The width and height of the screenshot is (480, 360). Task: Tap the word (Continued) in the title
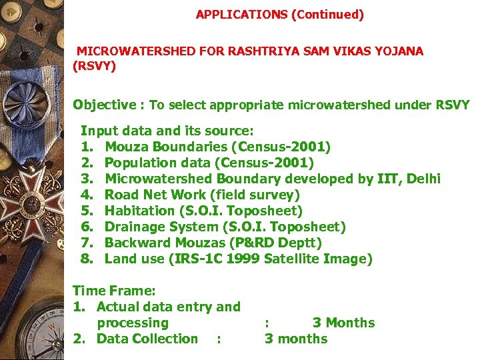(x=327, y=15)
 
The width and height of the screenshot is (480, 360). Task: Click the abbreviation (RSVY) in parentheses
(x=94, y=67)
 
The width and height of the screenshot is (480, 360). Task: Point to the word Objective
(x=104, y=105)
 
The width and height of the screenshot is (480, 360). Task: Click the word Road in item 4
(x=121, y=195)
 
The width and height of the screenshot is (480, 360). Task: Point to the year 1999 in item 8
(x=243, y=259)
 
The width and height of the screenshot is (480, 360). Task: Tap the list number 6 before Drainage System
(x=85, y=227)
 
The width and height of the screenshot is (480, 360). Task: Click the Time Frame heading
(x=114, y=291)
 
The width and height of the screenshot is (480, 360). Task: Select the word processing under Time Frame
(x=133, y=323)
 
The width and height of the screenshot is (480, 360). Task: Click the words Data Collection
(x=147, y=339)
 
